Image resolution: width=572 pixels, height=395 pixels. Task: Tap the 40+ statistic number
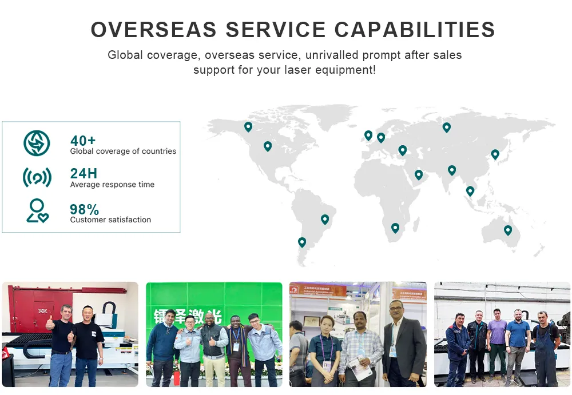83,141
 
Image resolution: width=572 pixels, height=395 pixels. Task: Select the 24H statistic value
84,174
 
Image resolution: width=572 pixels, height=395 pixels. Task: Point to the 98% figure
84,209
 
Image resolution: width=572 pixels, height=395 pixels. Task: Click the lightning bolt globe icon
37,143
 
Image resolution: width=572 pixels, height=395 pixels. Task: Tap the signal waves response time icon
37,177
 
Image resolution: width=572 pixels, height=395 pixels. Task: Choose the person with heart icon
37,210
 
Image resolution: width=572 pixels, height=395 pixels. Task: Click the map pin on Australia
508,230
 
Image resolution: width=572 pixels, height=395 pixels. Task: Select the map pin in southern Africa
395,228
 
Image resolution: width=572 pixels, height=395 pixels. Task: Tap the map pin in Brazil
325,219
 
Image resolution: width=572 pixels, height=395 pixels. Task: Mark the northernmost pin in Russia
447,127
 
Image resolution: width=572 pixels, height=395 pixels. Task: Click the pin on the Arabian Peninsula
419,174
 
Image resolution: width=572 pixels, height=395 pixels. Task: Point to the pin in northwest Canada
248,126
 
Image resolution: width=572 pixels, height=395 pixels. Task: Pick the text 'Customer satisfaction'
110,220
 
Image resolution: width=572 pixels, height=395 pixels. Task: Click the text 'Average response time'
112,185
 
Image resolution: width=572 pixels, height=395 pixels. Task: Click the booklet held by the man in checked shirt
360,368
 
